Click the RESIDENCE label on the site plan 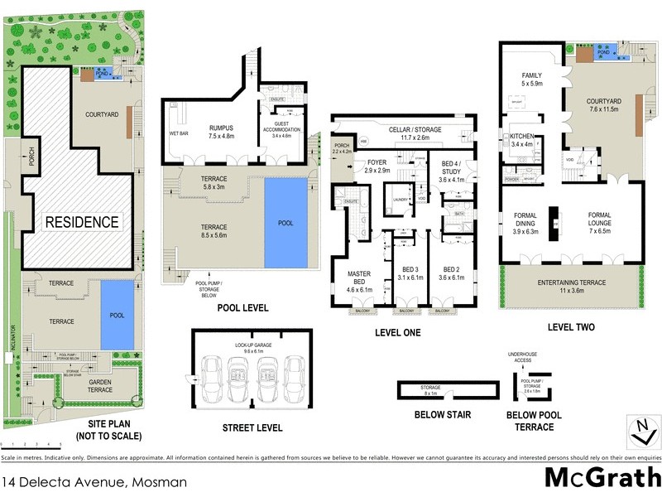click(x=82, y=222)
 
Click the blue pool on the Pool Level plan click(x=285, y=223)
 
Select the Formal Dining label click(x=526, y=223)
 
